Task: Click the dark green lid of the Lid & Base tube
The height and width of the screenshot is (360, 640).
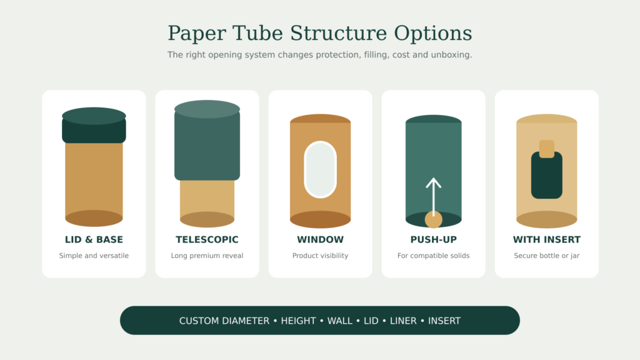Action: point(94,125)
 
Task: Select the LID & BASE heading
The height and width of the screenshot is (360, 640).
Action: point(94,239)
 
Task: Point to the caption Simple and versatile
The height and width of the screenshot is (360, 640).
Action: point(94,256)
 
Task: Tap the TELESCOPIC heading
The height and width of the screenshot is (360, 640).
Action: point(207,239)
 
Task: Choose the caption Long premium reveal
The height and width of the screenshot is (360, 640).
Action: point(207,256)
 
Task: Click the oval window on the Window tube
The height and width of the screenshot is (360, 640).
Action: point(321,169)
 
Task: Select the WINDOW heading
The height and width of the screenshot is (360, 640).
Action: point(321,239)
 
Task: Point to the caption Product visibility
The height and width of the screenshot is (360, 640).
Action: point(321,256)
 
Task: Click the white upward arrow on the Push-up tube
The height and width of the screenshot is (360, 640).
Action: point(434,196)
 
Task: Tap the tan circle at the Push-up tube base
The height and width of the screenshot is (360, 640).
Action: point(434,219)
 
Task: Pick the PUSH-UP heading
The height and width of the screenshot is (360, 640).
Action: point(434,239)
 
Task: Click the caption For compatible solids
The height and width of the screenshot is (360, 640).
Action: point(434,256)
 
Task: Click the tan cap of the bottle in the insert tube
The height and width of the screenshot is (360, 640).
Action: point(547,149)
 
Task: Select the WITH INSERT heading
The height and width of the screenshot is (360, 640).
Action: point(547,239)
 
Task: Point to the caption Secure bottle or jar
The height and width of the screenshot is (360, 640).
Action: point(547,256)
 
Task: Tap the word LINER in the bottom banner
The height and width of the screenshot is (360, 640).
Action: point(403,321)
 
